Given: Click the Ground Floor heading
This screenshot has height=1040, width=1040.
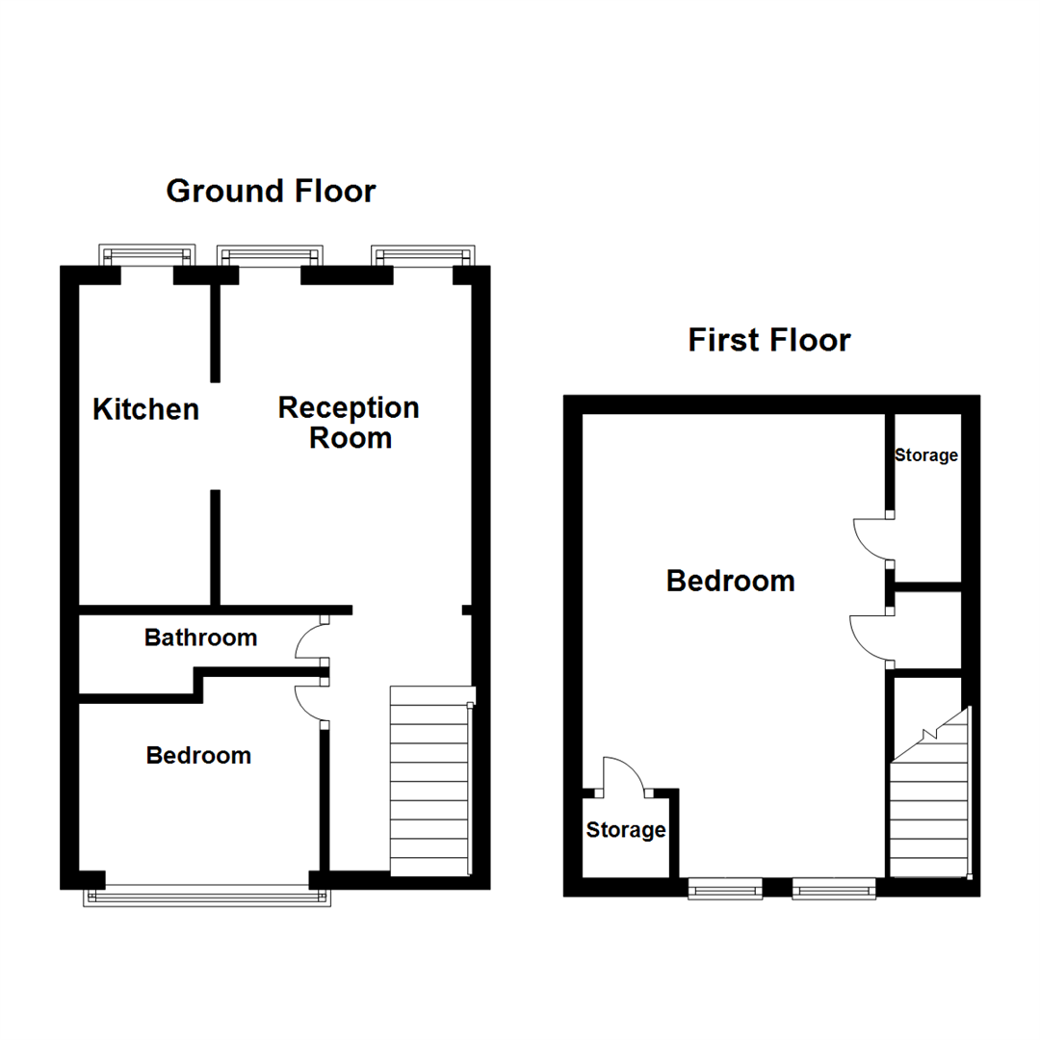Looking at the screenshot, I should point(271,191).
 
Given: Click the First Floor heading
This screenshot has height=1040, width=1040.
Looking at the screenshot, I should point(769,340).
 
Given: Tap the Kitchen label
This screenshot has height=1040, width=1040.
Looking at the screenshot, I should point(145,409).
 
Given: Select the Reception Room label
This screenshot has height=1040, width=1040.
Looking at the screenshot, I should point(349,423).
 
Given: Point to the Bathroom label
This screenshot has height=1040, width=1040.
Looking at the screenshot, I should point(200,637).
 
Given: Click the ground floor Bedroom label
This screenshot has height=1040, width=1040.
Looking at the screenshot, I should point(198,756).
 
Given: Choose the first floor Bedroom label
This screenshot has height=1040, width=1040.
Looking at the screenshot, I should point(731,581).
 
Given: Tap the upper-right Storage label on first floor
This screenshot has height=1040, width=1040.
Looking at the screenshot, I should point(926,455).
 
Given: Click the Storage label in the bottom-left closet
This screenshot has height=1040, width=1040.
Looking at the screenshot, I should point(626,830).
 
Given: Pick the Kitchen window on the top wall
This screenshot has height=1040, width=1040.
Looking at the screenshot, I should point(147,255).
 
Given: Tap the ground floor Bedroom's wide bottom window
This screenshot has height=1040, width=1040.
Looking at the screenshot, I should point(209,895).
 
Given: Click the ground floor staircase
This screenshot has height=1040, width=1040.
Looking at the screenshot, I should point(430,780).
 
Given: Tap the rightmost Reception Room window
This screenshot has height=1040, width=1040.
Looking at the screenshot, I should point(424,255).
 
